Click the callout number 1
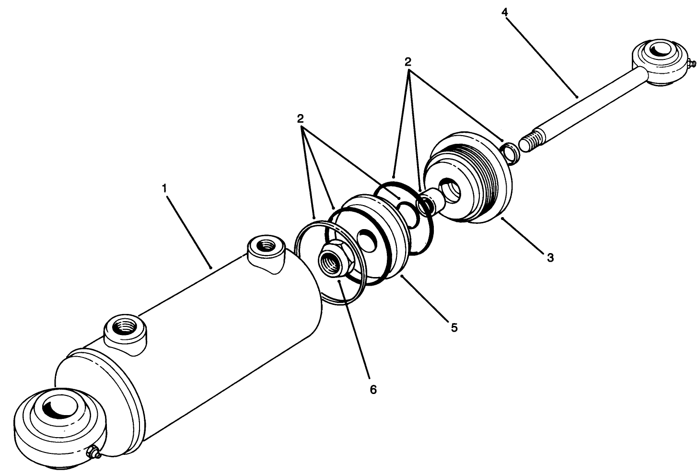pos(164,188)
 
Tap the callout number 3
pos(550,257)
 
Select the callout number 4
pos(504,12)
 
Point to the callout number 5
pos(453,327)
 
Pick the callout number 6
pos(373,389)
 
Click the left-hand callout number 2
pos(301,118)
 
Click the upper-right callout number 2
pos(408,61)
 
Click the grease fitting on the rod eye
pos(690,63)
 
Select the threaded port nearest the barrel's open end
pos(264,246)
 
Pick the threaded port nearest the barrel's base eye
pos(126,328)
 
